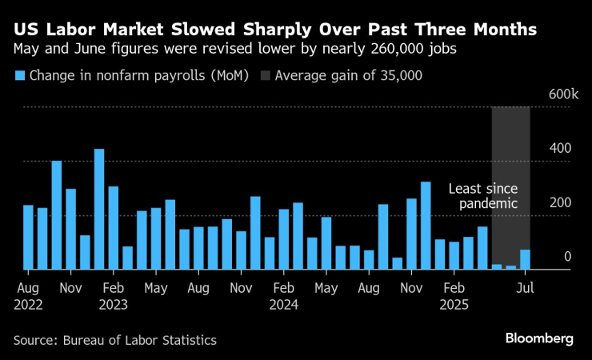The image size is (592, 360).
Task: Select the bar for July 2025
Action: point(525,260)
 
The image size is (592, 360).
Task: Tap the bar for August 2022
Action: point(28,238)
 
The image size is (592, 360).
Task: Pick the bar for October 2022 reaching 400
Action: point(57,215)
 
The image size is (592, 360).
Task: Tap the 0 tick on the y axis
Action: point(567,257)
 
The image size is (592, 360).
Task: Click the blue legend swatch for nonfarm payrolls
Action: point(19,76)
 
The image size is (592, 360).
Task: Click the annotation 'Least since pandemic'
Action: point(482,196)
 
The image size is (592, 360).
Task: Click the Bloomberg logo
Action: point(538,338)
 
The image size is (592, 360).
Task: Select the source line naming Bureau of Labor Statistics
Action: point(115,340)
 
